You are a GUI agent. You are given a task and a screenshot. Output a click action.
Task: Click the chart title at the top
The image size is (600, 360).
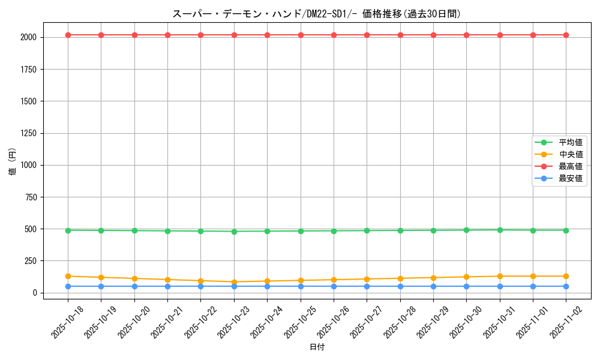click(x=316, y=14)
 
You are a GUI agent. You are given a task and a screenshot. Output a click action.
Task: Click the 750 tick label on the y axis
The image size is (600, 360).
click(x=29, y=197)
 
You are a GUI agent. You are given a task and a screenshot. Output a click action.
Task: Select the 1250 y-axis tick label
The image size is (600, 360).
click(x=28, y=133)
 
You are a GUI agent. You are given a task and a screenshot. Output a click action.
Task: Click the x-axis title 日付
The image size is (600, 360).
click(x=316, y=347)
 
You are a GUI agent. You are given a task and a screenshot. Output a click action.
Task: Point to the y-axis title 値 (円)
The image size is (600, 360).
click(x=13, y=162)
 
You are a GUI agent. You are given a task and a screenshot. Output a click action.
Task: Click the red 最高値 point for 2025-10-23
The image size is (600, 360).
click(x=234, y=35)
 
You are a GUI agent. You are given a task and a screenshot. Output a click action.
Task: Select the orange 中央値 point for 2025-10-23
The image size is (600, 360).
click(x=234, y=282)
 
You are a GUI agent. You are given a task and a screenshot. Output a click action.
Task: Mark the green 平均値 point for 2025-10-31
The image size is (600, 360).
click(x=500, y=230)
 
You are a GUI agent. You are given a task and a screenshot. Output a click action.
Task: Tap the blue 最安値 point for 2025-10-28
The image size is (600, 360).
click(x=400, y=286)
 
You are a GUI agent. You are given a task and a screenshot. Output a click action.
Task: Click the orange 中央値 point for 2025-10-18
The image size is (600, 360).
click(x=68, y=276)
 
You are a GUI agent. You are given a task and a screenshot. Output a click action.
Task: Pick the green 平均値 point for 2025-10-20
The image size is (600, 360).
click(x=134, y=230)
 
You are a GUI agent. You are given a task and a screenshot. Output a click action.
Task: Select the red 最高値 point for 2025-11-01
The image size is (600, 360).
click(x=533, y=35)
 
